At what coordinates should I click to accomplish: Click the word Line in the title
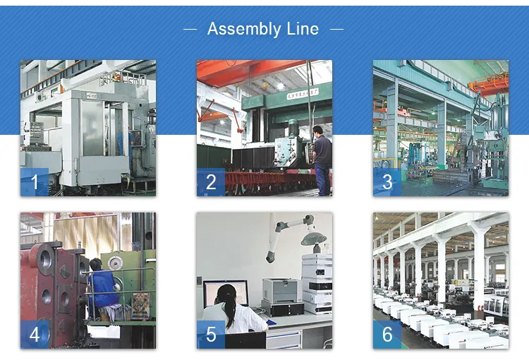(301, 29)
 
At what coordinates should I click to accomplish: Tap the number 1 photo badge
(34, 182)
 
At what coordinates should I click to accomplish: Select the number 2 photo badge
(210, 182)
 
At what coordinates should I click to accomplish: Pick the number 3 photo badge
(387, 182)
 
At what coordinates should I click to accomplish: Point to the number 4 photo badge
(34, 335)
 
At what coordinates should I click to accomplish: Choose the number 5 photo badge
(210, 335)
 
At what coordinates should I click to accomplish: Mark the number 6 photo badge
(387, 335)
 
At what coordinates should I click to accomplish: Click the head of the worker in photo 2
(318, 131)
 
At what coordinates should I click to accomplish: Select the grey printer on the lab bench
(282, 289)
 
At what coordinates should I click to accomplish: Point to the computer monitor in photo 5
(226, 292)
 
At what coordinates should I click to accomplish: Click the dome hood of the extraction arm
(312, 239)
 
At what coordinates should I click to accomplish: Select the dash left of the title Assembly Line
(190, 30)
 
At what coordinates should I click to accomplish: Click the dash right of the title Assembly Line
(336, 30)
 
